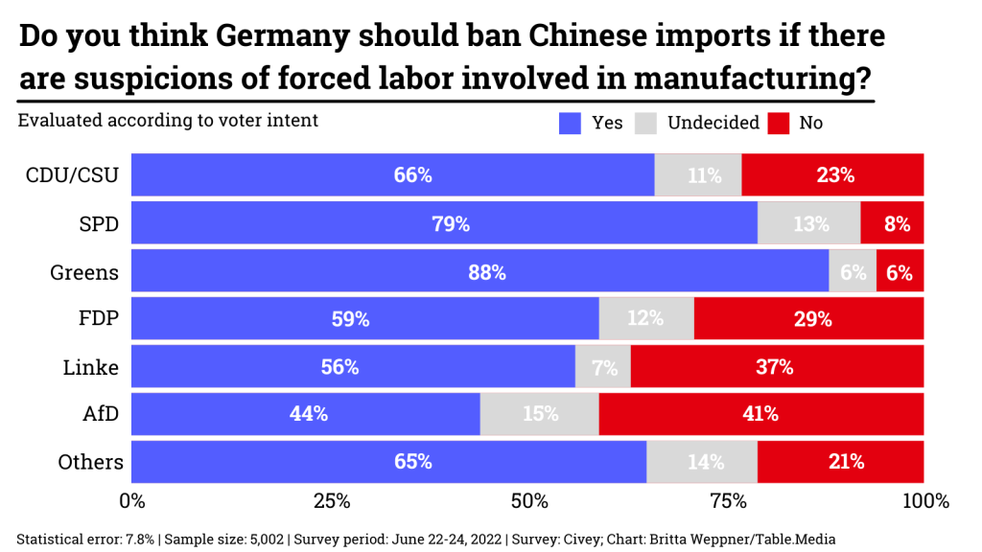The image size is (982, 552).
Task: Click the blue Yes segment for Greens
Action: pyautogui.click(x=479, y=272)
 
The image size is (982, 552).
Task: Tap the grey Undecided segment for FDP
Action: pyautogui.click(x=645, y=319)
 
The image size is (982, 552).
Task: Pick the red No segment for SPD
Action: pyautogui.click(x=892, y=224)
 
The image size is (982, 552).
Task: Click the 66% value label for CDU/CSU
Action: pyautogui.click(x=412, y=176)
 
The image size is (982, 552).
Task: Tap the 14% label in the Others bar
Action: pyautogui.click(x=705, y=462)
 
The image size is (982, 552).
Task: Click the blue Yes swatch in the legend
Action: pyautogui.click(x=571, y=123)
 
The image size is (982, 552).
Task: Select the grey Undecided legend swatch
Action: pyautogui.click(x=647, y=123)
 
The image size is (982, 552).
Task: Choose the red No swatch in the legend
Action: pyautogui.click(x=780, y=123)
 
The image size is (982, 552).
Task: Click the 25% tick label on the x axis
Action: pyautogui.click(x=331, y=500)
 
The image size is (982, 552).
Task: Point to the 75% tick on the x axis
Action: pyautogui.click(x=727, y=500)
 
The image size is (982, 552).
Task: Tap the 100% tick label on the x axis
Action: pyautogui.click(x=924, y=500)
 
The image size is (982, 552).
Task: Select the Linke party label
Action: pyautogui.click(x=90, y=367)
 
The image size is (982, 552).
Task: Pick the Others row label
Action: pyautogui.click(x=90, y=462)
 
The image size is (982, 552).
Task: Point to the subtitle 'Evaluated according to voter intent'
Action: pyautogui.click(x=168, y=121)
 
